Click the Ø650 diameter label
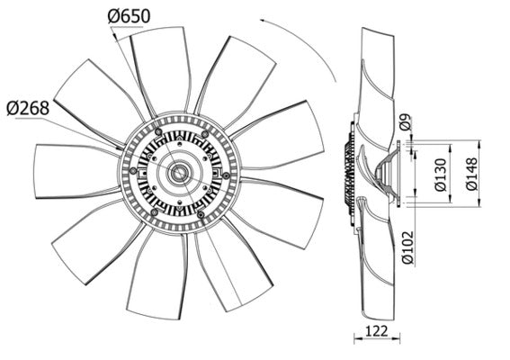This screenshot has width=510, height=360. (130, 15)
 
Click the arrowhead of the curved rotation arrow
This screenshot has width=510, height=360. (260, 19)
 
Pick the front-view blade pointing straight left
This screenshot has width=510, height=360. (72, 171)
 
